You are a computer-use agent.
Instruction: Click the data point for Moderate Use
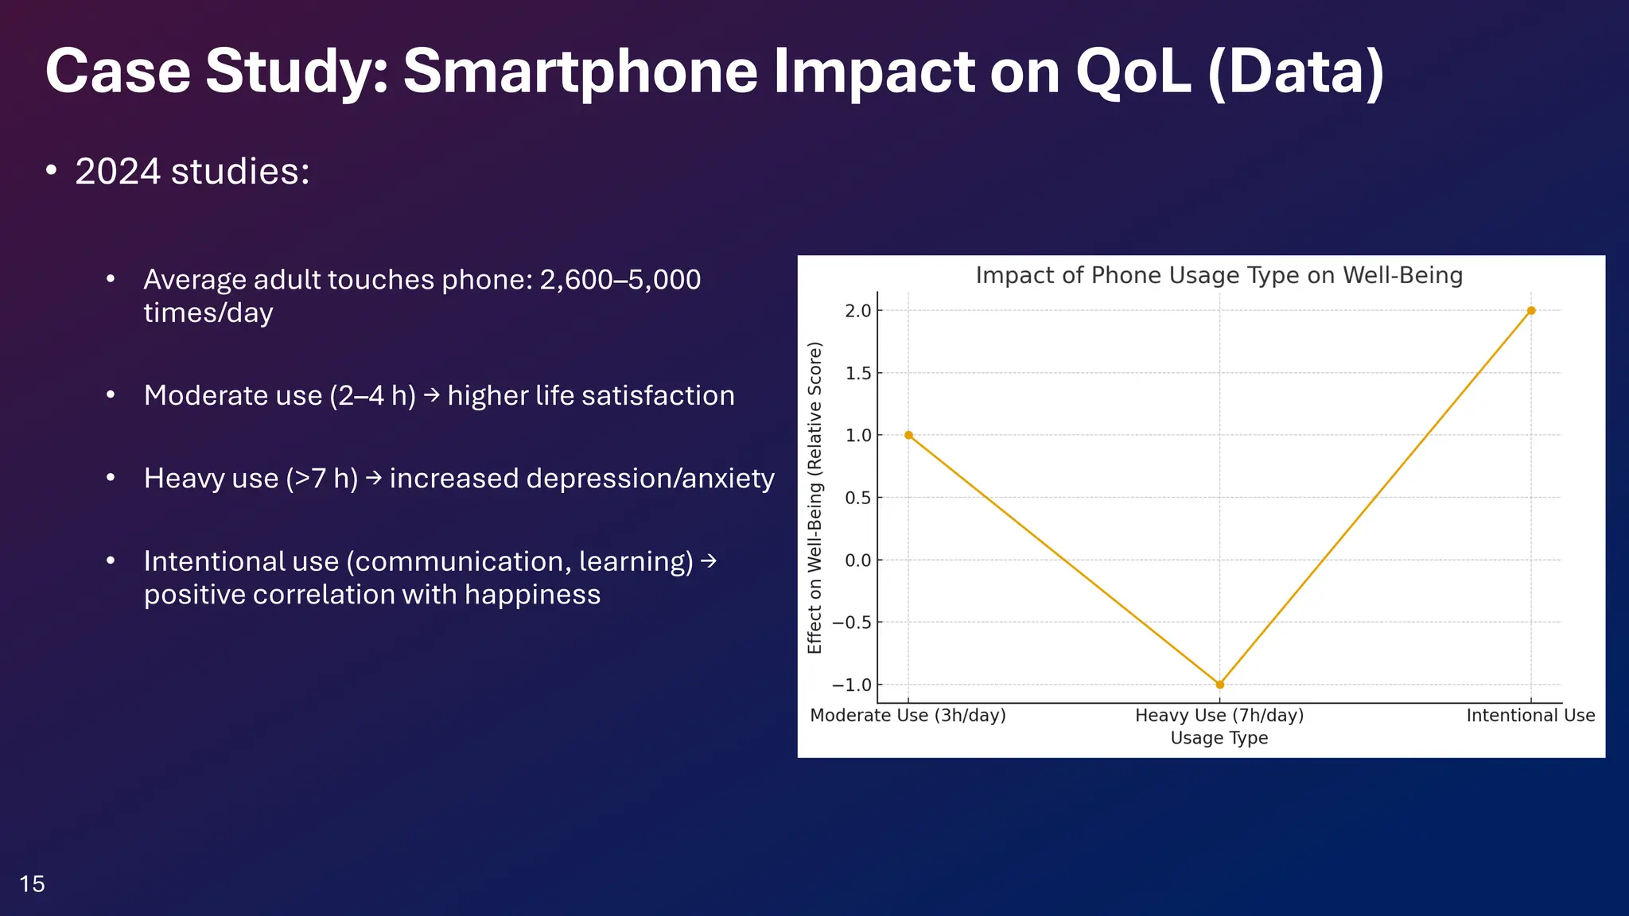[908, 435]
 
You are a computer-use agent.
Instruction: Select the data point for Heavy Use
[1219, 685]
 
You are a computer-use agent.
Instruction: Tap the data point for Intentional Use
[1531, 311]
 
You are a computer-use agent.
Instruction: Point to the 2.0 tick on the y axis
[858, 311]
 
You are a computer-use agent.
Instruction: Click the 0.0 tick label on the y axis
[858, 561]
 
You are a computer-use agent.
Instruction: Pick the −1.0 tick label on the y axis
[852, 685]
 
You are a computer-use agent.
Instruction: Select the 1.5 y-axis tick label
[858, 373]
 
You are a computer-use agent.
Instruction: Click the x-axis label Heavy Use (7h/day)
[1219, 716]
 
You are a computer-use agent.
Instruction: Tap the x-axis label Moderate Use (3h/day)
[908, 716]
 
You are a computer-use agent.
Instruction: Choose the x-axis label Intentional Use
[1530, 716]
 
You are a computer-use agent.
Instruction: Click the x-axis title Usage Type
[1219, 738]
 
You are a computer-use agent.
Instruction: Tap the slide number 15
[32, 883]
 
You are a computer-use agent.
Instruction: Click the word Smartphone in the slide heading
[581, 72]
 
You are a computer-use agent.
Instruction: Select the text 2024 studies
[192, 172]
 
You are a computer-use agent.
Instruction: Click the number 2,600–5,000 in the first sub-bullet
[620, 280]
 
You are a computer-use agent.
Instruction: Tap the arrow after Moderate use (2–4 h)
[431, 394]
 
